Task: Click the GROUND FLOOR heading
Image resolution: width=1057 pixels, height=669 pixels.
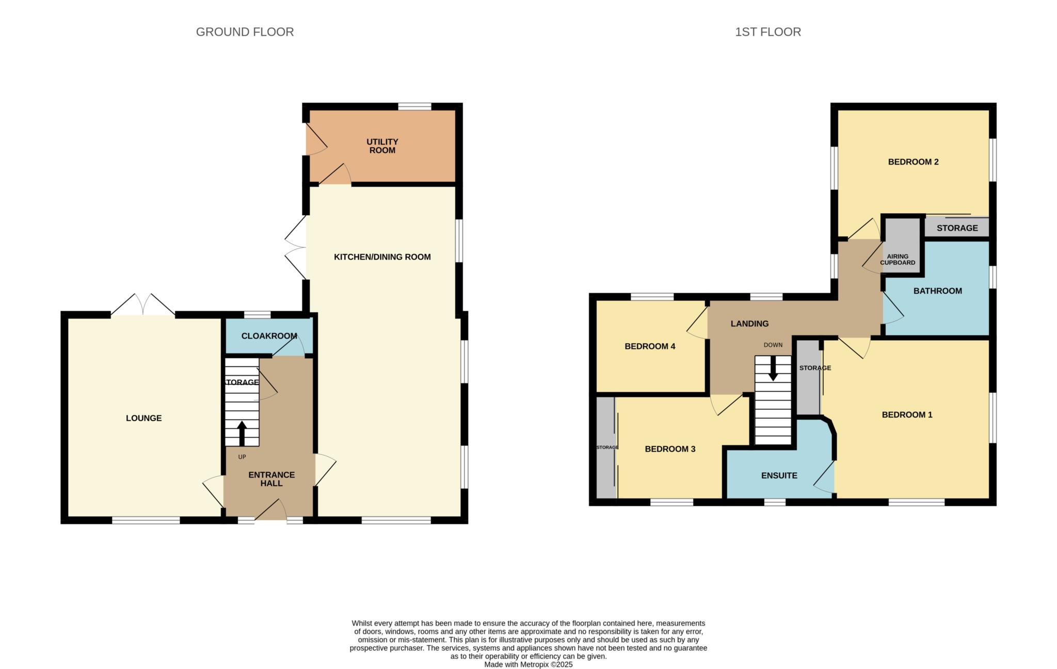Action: tap(245, 32)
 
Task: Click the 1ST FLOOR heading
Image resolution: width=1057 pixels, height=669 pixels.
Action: tap(768, 32)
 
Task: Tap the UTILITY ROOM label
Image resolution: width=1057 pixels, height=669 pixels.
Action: tap(382, 146)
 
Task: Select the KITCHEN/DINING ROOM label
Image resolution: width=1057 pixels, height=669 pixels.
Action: tap(382, 257)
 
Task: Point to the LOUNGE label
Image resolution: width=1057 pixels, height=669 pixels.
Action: tap(144, 418)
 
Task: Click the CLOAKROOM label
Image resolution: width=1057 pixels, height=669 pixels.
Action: tap(269, 336)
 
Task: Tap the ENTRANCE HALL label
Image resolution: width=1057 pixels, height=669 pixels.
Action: tap(271, 479)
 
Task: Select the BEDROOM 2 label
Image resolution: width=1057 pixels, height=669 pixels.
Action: tap(914, 162)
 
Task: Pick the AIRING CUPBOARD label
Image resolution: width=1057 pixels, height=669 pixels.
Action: tap(898, 260)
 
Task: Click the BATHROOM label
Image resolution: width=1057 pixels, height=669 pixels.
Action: tap(938, 291)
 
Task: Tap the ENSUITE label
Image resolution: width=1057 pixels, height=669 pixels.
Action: tap(779, 476)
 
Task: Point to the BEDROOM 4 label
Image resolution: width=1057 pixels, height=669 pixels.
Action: tap(650, 346)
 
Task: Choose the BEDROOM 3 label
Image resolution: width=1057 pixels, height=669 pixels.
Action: tap(670, 449)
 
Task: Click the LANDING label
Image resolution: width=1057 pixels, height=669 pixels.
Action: tap(750, 324)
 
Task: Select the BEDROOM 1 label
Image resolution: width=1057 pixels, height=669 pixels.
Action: tap(907, 415)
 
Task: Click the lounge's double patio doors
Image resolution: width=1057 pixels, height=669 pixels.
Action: tap(143, 305)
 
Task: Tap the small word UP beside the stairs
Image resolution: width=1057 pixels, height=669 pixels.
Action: tap(242, 457)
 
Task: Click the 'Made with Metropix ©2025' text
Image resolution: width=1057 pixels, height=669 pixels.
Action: tap(528, 665)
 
